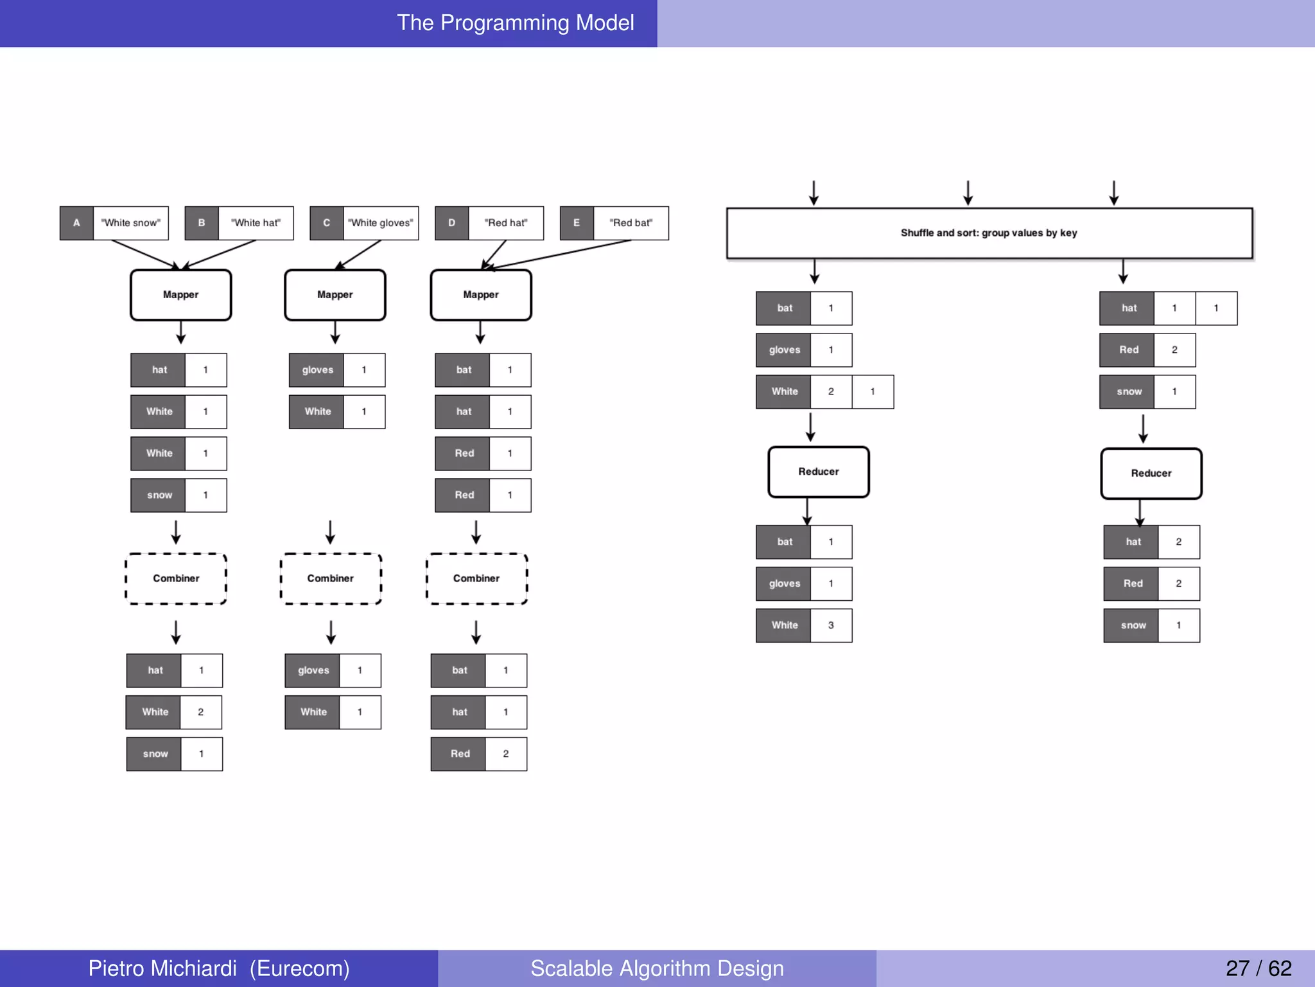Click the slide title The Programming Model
[x=515, y=23]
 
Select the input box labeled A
[x=76, y=223]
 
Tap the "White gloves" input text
[x=381, y=223]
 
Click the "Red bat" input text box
[x=631, y=223]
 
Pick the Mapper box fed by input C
[x=335, y=295]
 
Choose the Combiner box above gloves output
[x=331, y=578]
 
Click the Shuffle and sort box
[x=989, y=233]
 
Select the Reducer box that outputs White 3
[x=818, y=472]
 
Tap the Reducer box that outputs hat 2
[x=1151, y=474]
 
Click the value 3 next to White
[x=831, y=625]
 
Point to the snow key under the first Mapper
[x=159, y=495]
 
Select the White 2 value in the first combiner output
[x=200, y=712]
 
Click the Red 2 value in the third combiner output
[x=505, y=754]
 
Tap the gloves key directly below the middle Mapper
[x=317, y=370]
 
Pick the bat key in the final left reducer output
[x=784, y=542]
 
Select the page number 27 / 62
[x=1258, y=968]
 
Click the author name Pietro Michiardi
[x=162, y=968]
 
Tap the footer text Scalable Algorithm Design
[x=657, y=968]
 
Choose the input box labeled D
[x=451, y=223]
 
